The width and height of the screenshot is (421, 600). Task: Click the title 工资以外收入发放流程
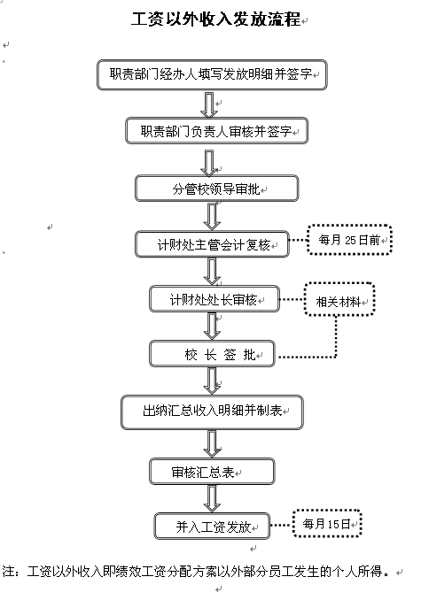(x=215, y=19)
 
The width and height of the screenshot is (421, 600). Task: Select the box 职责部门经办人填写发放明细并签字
(x=212, y=74)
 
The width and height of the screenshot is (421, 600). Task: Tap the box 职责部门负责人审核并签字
(x=217, y=131)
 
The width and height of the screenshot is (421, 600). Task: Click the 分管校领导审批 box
(x=217, y=188)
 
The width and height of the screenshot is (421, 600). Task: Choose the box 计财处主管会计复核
(x=212, y=244)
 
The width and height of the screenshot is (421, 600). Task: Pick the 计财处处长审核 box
(x=214, y=299)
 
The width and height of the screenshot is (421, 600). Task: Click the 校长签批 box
(x=212, y=354)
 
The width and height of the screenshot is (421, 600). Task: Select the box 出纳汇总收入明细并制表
(x=212, y=412)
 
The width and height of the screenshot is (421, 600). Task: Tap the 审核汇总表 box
(x=212, y=472)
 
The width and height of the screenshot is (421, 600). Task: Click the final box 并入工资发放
(x=212, y=527)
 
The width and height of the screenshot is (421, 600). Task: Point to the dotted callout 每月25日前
(x=349, y=240)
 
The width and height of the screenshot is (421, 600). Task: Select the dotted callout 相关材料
(x=339, y=299)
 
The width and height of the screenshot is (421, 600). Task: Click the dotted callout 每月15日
(x=327, y=524)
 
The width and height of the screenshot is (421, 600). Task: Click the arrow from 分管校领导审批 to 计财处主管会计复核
(x=212, y=216)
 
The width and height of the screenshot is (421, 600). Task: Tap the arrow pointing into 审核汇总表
(x=212, y=443)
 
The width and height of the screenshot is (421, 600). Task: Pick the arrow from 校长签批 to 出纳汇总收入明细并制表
(x=212, y=381)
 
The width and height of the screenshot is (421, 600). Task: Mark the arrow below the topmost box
(x=209, y=104)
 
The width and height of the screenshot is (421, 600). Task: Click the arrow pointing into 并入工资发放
(x=212, y=498)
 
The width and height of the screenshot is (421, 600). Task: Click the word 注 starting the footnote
(x=9, y=572)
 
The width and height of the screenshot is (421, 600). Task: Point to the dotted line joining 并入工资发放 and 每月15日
(x=282, y=525)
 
